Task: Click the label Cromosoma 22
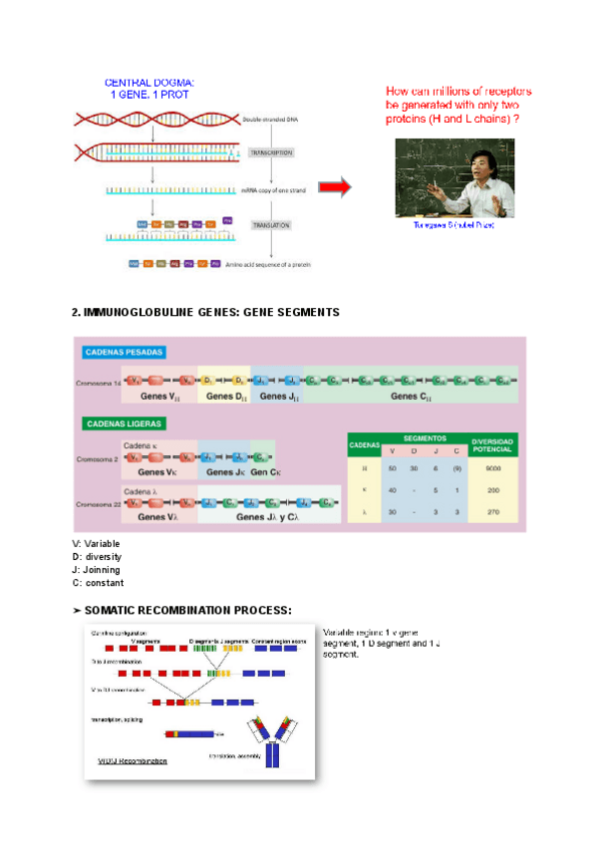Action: tap(97, 504)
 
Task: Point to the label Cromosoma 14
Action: tap(97, 382)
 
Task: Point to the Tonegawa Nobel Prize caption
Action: tap(453, 226)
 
